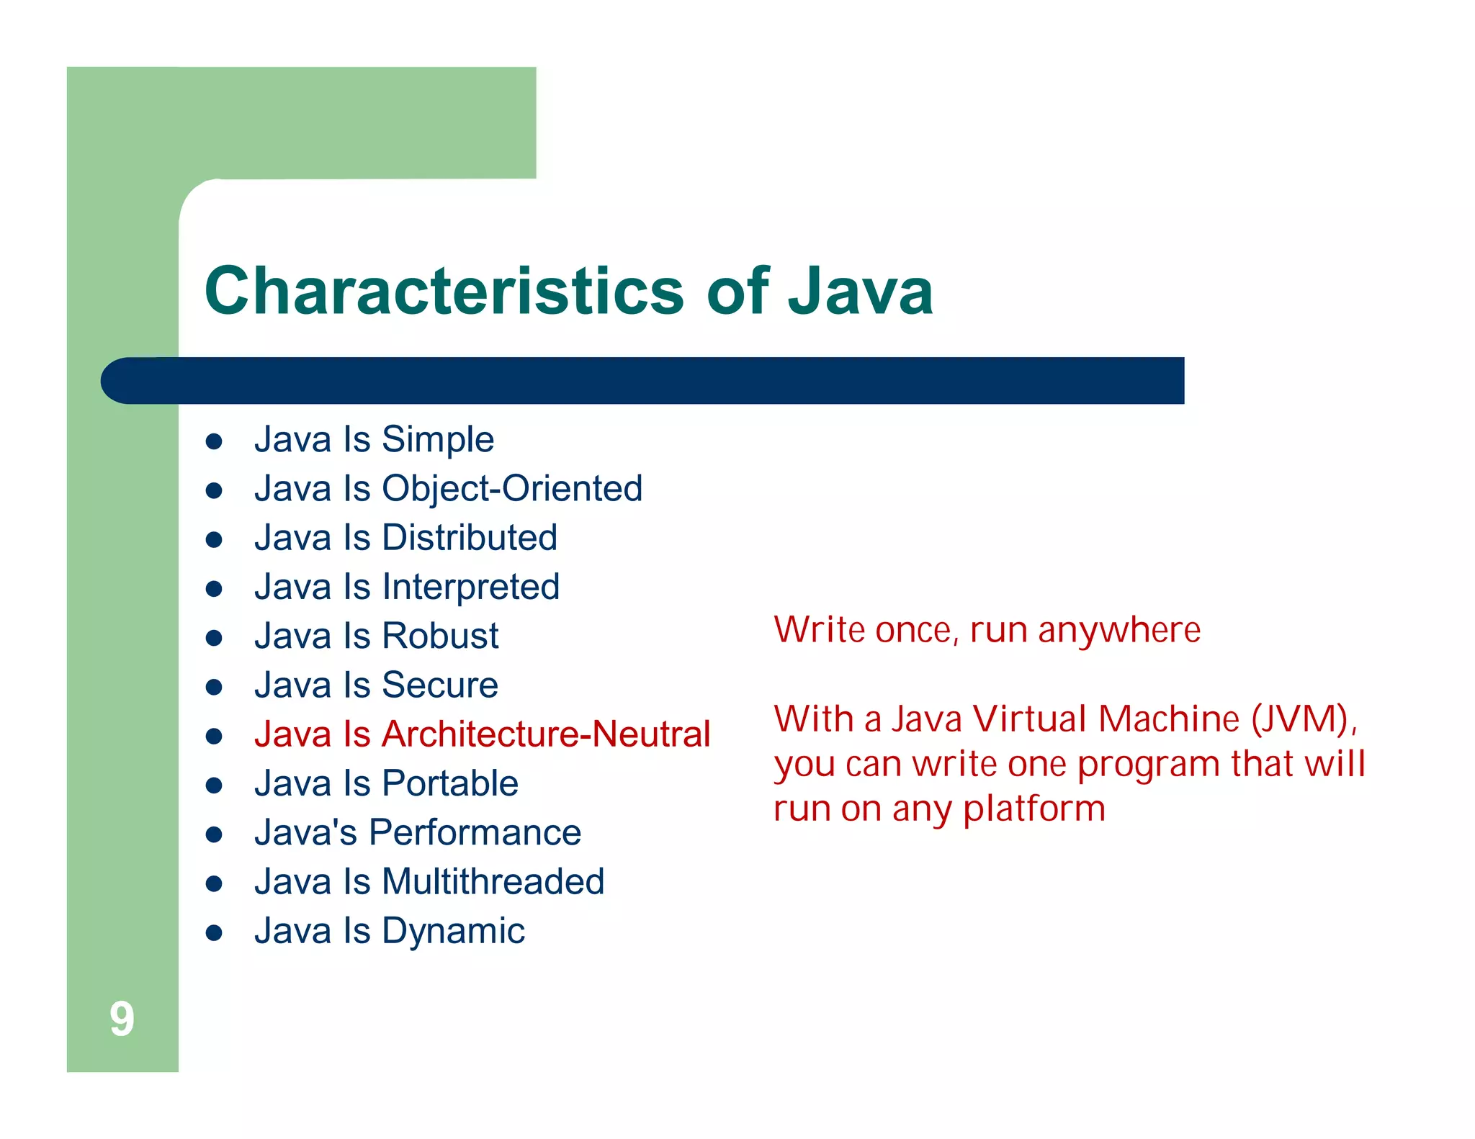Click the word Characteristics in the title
tap(444, 291)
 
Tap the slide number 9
tap(122, 1019)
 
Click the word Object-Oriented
tap(512, 488)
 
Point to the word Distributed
tap(470, 538)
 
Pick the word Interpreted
tap(471, 587)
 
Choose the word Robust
tap(440, 636)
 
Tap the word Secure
tap(439, 685)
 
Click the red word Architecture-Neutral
tap(546, 734)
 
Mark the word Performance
tap(475, 833)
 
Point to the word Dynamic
tap(453, 931)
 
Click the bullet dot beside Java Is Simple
tap(213, 441)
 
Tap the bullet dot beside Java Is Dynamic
tap(213, 933)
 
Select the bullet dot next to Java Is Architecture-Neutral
tap(213, 737)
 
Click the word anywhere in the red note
tap(1118, 631)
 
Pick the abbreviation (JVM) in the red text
tap(1303, 719)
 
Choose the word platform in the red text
tap(1034, 809)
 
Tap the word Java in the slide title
tap(860, 291)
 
